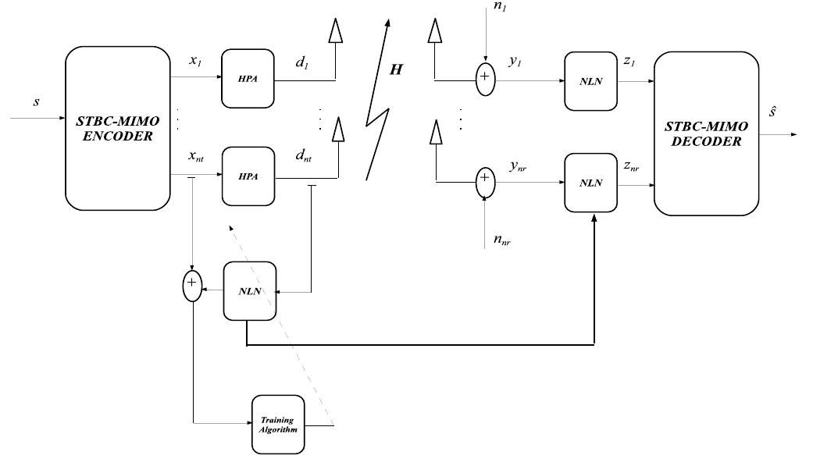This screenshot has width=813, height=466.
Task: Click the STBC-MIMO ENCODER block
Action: point(117,128)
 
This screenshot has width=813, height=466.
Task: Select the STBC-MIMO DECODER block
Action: point(706,133)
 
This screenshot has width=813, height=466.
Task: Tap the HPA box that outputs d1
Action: point(248,79)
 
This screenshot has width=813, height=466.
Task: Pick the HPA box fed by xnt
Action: point(248,176)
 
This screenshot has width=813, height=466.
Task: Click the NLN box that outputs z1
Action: point(591,81)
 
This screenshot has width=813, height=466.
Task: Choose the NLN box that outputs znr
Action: point(591,183)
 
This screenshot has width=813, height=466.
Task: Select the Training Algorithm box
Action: point(277,425)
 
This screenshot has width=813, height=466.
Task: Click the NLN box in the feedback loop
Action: point(251,291)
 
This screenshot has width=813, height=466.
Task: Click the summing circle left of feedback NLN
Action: point(192,285)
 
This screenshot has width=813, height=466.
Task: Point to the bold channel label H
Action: point(396,69)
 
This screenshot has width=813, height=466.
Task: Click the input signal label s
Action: point(36,103)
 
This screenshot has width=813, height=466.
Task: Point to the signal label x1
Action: point(196,59)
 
